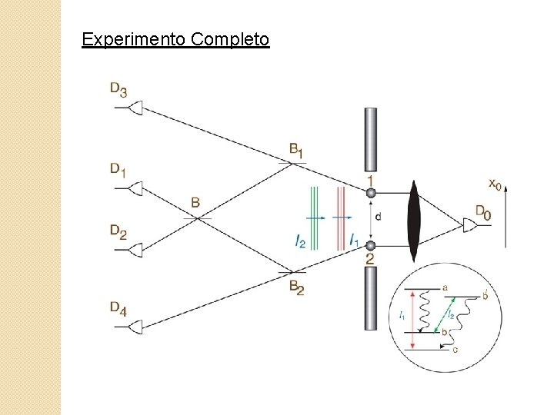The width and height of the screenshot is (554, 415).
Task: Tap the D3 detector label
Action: [x=118, y=89]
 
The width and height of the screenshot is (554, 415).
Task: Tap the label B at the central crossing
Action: [x=195, y=204]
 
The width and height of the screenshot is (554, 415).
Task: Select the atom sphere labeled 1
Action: [x=370, y=194]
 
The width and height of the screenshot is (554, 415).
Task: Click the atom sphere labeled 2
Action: [x=370, y=246]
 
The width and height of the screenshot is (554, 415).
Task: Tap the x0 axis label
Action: [x=497, y=184]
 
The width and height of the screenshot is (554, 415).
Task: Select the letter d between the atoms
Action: [x=378, y=217]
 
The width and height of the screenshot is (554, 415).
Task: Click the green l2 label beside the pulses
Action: [x=300, y=241]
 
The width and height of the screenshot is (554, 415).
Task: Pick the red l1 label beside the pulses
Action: [x=353, y=241]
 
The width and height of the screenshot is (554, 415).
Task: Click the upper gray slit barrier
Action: [x=370, y=139]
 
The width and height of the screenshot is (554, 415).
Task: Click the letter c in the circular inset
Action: [x=455, y=350]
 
